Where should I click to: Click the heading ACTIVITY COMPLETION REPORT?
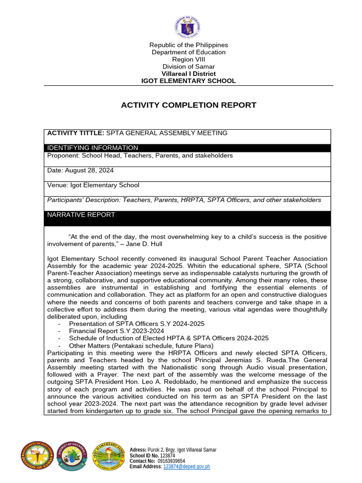[x=189, y=105]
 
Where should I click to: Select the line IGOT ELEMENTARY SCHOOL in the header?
[x=189, y=81]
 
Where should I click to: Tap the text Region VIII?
[x=189, y=59]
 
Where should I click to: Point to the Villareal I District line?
[x=189, y=74]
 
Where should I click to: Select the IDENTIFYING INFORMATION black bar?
[x=189, y=148]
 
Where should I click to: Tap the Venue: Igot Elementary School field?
[x=93, y=185]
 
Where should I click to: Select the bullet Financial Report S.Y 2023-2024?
[x=116, y=331]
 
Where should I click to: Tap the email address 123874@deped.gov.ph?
[x=186, y=466]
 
